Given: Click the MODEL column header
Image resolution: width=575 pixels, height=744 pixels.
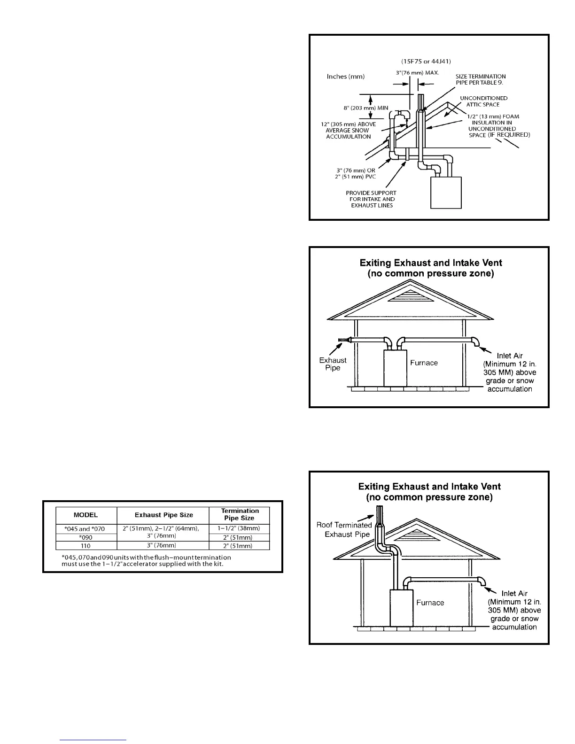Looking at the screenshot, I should [x=85, y=515].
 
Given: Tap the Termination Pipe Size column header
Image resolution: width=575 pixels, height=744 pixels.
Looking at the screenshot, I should [x=240, y=514].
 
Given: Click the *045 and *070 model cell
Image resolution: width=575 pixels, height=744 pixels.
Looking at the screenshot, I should [x=85, y=529].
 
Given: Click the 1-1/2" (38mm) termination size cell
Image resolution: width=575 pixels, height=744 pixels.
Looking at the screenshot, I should [x=240, y=529].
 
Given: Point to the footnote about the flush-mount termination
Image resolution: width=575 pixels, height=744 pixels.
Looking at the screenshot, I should [x=146, y=560].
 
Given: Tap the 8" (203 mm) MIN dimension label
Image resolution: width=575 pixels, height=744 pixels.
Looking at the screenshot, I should [x=365, y=108].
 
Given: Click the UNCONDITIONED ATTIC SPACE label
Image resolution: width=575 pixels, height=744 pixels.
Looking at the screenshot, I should [x=483, y=101].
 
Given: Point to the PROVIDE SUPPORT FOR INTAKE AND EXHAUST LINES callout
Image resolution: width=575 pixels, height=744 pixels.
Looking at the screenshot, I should [x=371, y=199].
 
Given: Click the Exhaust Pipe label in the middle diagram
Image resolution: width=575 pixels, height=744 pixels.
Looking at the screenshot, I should [x=333, y=364].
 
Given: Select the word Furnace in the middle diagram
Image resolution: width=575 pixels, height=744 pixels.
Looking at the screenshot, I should [x=424, y=363].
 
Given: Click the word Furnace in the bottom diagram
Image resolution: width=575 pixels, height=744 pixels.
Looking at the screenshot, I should [x=430, y=603].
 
